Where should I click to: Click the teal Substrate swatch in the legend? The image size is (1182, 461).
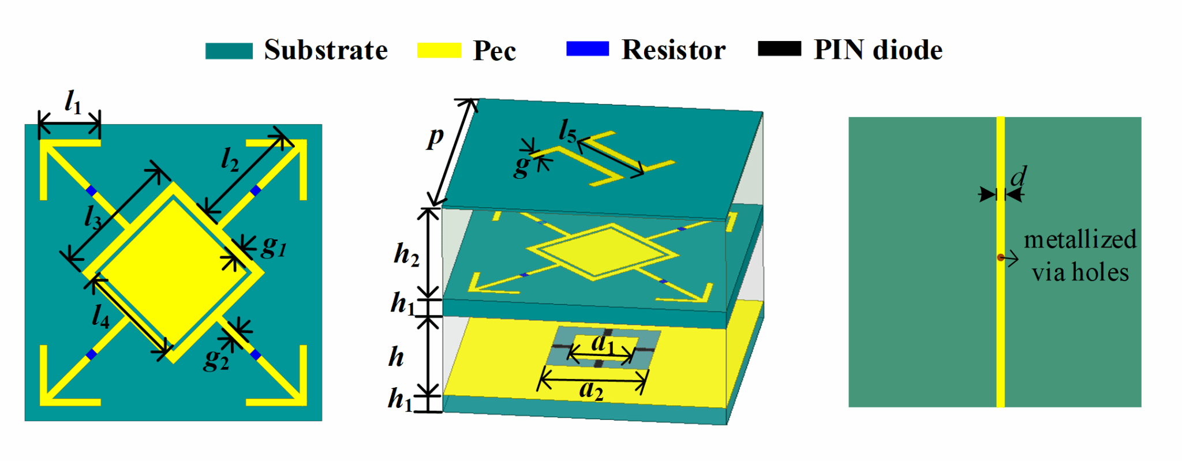229,51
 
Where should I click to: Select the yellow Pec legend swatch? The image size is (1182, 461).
439,51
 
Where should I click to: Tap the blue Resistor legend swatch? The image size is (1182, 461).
588,49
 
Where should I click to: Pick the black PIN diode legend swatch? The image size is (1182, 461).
779,49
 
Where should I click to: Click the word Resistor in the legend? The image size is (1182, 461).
674,50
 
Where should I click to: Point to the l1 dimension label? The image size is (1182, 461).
73,103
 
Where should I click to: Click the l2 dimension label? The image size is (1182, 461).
230,159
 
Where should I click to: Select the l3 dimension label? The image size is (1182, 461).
93,218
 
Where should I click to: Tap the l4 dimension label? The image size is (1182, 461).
100,316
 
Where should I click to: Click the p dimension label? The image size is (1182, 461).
436,137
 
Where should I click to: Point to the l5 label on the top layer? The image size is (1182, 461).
567,132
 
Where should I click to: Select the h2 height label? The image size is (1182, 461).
406,254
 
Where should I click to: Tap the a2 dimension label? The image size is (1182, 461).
591,391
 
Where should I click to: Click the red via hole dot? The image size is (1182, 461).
1000,258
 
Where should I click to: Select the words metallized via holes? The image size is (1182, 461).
1080,256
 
